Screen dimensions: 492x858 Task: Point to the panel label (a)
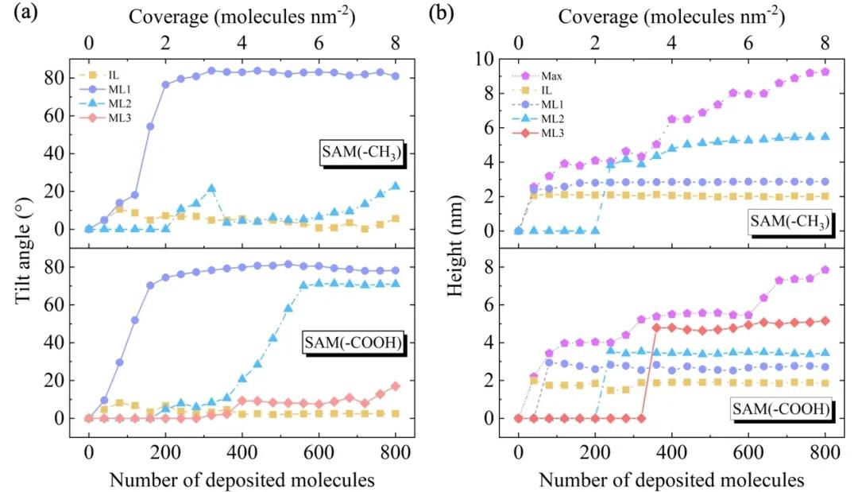point(18,14)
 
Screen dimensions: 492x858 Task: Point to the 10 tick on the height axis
point(493,59)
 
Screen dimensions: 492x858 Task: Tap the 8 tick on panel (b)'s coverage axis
point(825,42)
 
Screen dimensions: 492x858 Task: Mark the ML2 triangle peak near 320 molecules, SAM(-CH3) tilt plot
point(211,189)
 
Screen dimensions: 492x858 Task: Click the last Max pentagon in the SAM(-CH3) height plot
point(825,72)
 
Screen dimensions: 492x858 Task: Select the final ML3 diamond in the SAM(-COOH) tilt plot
point(395,386)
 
